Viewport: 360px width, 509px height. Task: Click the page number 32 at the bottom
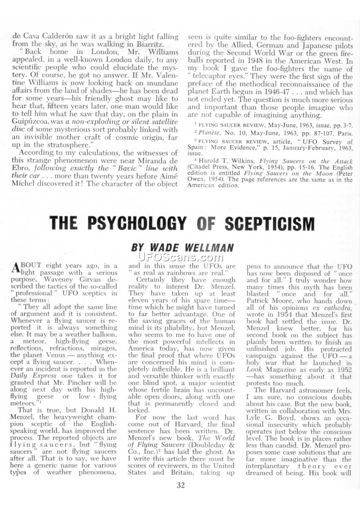(x=180, y=485)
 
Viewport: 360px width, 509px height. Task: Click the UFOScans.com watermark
(x=180, y=258)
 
